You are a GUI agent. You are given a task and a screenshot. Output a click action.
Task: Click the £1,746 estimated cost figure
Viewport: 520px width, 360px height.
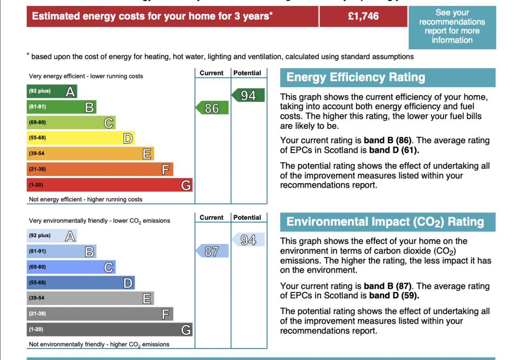click(363, 16)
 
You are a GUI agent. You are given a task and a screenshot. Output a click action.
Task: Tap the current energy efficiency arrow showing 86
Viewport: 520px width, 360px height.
click(212, 108)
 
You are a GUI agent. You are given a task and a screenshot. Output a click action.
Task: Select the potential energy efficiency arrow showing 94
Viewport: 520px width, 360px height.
click(248, 95)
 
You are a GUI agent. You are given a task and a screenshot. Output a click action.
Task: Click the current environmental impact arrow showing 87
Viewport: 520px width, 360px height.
click(212, 251)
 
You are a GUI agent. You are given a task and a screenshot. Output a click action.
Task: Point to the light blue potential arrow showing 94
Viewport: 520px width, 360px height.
click(248, 240)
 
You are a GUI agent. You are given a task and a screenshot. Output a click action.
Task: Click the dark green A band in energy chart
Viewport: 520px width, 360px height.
click(52, 92)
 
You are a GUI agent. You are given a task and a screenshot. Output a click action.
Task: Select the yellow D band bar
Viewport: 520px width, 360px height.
click(80, 138)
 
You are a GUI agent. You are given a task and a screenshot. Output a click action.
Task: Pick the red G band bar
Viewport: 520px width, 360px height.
click(109, 185)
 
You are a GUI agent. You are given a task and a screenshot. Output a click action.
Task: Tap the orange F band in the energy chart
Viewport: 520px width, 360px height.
click(100, 169)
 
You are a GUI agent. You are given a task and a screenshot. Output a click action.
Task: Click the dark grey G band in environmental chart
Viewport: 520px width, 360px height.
click(109, 330)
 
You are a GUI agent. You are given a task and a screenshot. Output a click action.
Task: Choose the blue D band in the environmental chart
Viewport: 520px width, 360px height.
click(80, 283)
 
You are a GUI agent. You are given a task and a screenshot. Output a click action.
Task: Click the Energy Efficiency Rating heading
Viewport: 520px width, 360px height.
click(356, 77)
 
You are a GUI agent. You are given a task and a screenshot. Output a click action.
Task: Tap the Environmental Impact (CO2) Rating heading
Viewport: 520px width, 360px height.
click(385, 222)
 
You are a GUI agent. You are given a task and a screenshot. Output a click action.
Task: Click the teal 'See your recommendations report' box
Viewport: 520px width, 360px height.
click(452, 27)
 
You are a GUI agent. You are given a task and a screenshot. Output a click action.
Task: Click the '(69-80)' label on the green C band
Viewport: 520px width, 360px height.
click(37, 122)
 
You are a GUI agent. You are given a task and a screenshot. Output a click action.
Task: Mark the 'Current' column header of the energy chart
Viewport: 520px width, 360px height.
click(211, 73)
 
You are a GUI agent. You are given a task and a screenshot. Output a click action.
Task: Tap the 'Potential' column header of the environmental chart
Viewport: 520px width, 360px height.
click(247, 218)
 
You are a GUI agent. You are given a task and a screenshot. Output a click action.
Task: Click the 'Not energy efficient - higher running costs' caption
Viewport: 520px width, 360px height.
click(86, 199)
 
